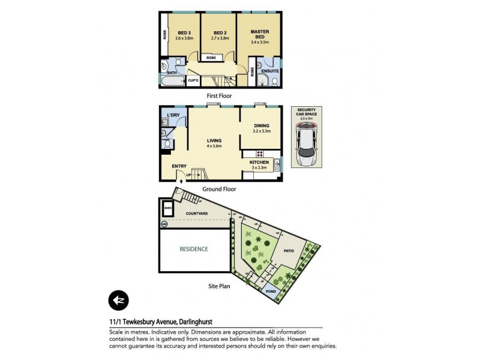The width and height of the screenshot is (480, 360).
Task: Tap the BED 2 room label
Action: (x=220, y=32)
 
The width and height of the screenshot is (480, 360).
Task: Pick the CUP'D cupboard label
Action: (x=193, y=80)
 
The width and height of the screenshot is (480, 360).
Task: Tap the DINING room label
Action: (x=261, y=125)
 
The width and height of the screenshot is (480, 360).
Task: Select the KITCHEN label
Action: (x=259, y=162)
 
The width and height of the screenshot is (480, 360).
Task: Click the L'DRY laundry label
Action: (x=173, y=115)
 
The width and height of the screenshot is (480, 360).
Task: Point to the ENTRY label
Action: (x=179, y=166)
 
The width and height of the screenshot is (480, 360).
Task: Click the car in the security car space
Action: (x=306, y=147)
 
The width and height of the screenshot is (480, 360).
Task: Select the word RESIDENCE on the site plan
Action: (x=193, y=249)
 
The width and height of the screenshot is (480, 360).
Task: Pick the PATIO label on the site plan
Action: (x=289, y=250)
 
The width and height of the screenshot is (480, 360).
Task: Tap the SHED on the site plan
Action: (x=167, y=209)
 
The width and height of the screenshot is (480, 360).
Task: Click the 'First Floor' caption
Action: (x=218, y=95)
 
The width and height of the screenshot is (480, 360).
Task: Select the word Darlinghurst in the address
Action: (x=199, y=323)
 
